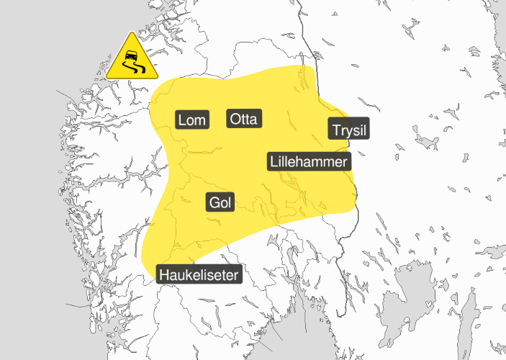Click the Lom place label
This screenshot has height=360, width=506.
[x=191, y=120]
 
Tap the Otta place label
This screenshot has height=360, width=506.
[x=245, y=119]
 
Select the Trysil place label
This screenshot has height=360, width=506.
[x=348, y=130]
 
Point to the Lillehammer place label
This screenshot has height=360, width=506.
[x=309, y=161]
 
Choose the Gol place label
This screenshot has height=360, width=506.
[x=220, y=203]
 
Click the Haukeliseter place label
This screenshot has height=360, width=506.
[x=199, y=274]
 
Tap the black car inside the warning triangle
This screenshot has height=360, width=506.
[x=130, y=55]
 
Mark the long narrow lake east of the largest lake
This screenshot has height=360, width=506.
[x=468, y=317]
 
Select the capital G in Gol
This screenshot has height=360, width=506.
[x=214, y=203]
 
